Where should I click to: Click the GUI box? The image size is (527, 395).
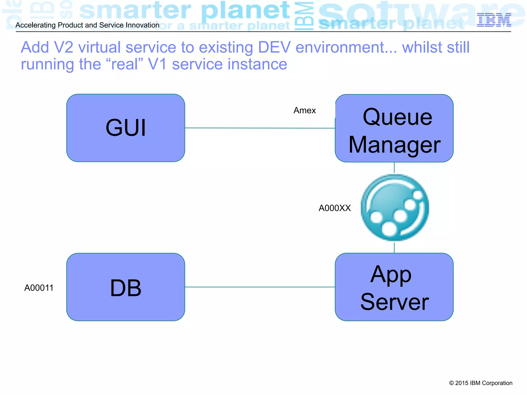click(126, 128)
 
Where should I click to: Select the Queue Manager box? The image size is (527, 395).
click(394, 128)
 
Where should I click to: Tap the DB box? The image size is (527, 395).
click(126, 287)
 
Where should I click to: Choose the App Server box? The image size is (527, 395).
click(394, 287)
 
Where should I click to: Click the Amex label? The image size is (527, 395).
click(304, 110)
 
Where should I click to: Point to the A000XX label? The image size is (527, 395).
click(335, 208)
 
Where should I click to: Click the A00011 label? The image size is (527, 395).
click(39, 288)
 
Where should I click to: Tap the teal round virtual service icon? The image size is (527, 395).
click(394, 208)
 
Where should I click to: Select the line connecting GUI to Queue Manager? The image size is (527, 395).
click(260, 128)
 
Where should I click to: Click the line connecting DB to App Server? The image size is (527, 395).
click(260, 287)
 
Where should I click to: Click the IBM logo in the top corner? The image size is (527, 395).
click(494, 20)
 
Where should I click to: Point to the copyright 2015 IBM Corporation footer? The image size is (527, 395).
click(480, 383)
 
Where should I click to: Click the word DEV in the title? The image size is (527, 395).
click(274, 47)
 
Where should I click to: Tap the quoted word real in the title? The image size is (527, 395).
click(125, 64)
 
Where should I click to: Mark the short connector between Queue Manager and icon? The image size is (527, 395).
click(394, 168)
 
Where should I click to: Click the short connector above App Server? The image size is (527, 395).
click(394, 247)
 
